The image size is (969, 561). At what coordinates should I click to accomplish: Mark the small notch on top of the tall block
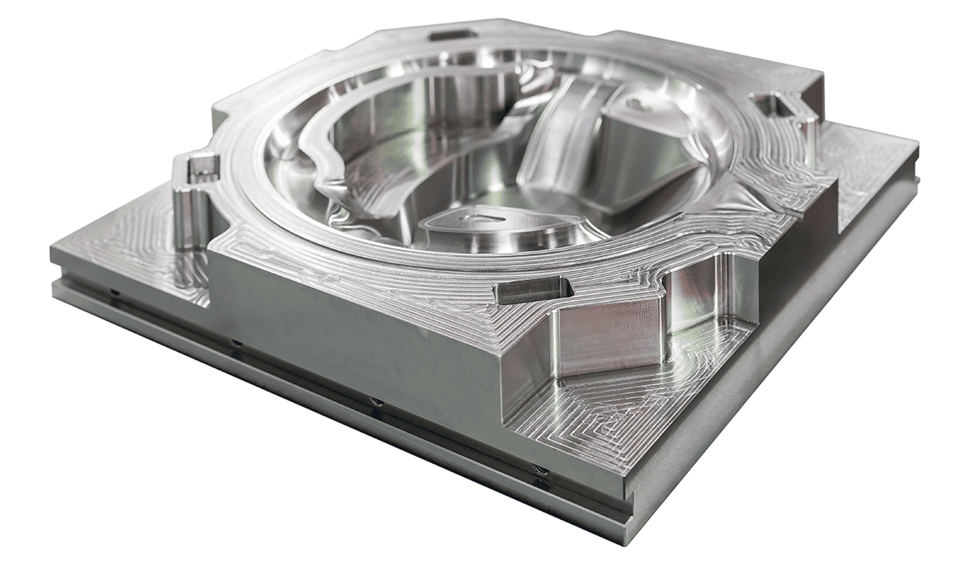click(x=638, y=103)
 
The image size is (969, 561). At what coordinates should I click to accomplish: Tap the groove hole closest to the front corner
click(x=539, y=471)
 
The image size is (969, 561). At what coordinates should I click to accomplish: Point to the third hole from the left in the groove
click(x=375, y=401)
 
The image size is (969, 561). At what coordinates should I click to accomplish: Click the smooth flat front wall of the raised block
click(x=355, y=323)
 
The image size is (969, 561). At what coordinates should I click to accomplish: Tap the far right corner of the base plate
click(x=917, y=145)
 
